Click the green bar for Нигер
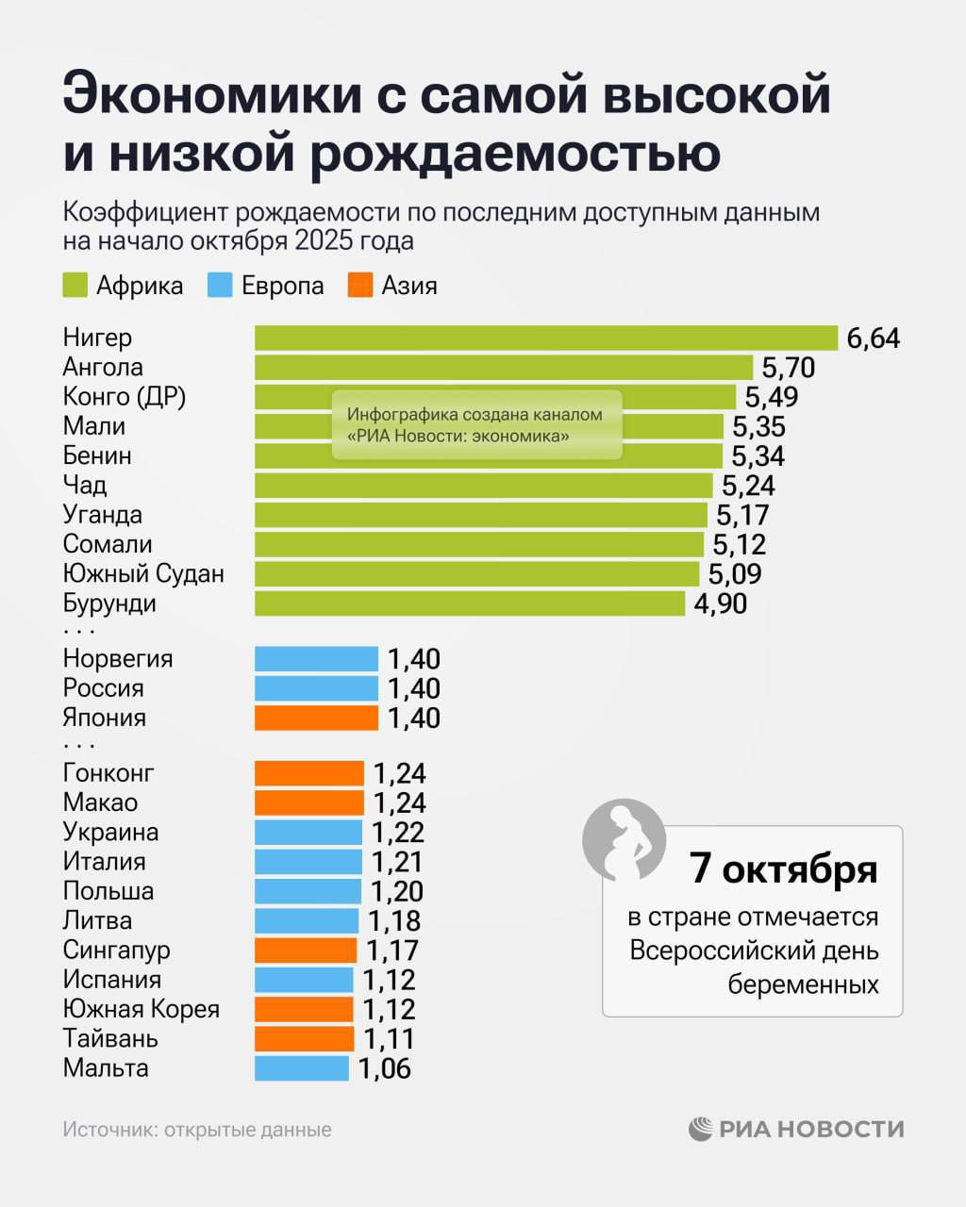[545, 338]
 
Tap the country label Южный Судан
[143, 573]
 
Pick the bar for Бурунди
[469, 603]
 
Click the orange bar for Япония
[316, 718]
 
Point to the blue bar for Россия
[316, 688]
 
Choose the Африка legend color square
[75, 286]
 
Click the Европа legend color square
[220, 286]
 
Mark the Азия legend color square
[360, 286]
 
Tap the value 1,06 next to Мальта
[385, 1068]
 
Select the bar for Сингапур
[306, 951]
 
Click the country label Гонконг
[108, 773]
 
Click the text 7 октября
[783, 868]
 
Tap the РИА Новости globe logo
[701, 1129]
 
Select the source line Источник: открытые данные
[197, 1130]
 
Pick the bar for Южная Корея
[304, 1009]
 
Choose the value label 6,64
[874, 338]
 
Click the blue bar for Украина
[308, 833]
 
